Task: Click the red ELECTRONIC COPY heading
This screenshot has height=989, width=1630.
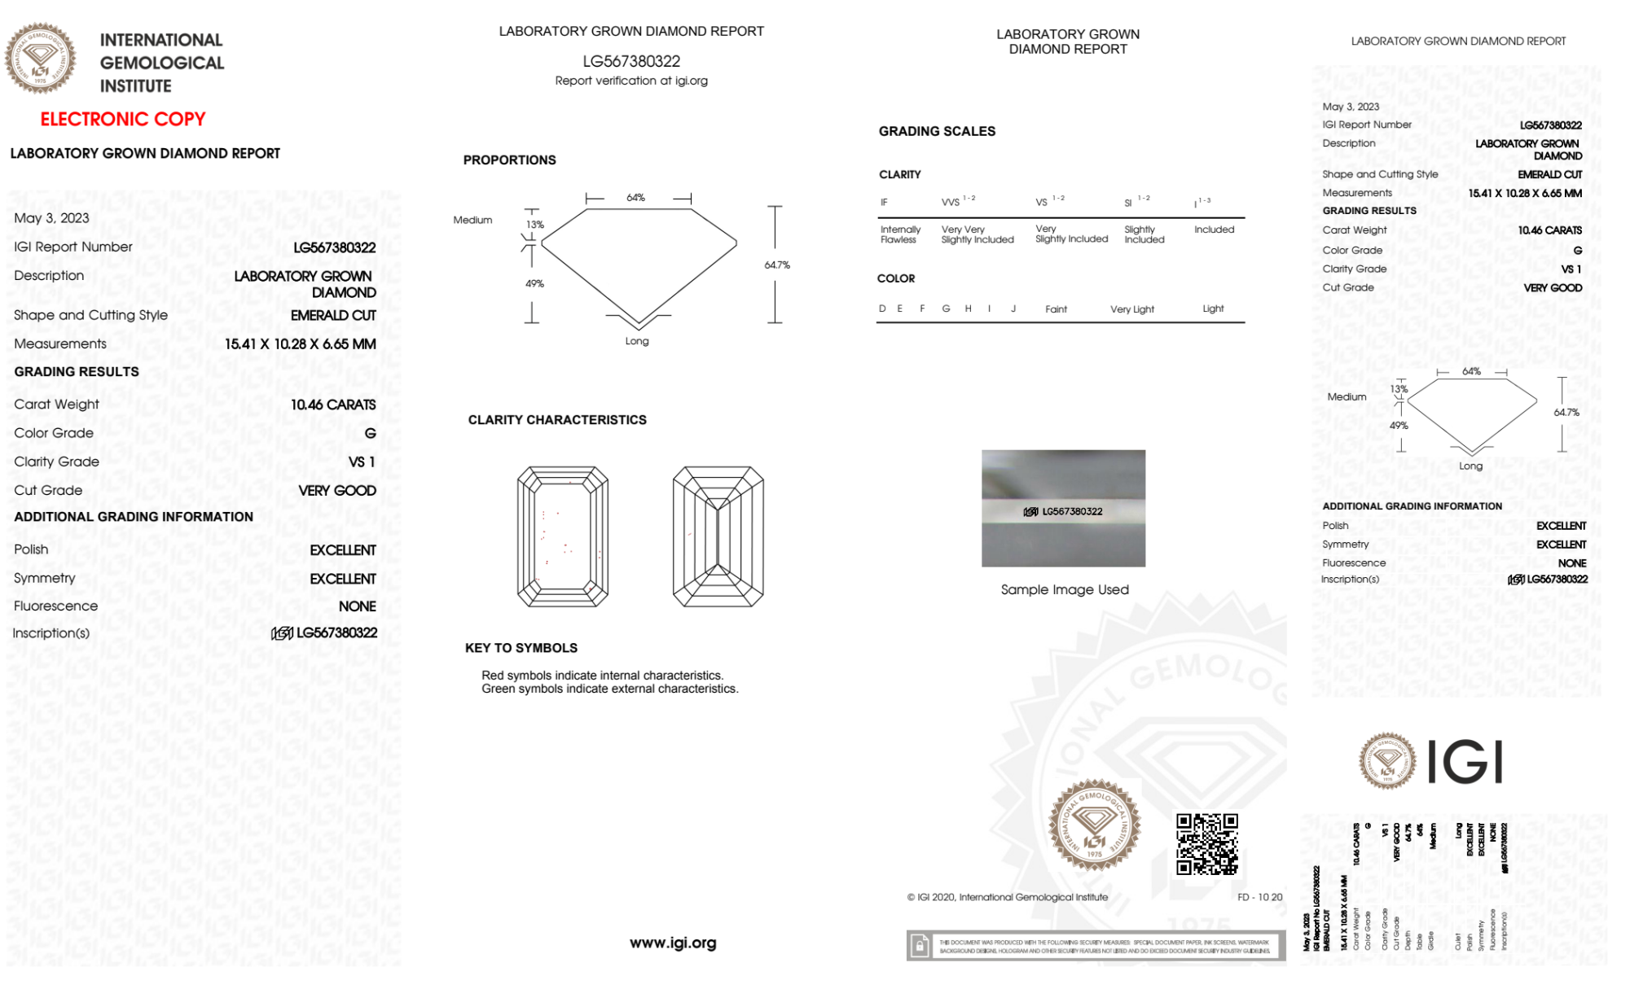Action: [123, 119]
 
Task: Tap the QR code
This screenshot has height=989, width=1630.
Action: [1206, 843]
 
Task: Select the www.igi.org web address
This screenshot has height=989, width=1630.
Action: [672, 943]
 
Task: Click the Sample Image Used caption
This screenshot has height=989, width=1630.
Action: [1064, 589]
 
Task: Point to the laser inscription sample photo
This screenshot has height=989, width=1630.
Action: [1063, 508]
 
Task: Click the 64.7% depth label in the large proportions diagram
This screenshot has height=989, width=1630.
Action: [776, 265]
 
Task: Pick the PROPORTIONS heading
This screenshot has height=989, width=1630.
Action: [509, 160]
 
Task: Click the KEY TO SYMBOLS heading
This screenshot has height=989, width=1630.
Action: [521, 648]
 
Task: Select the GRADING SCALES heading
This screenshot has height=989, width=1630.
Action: [937, 131]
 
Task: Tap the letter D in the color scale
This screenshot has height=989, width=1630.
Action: [882, 309]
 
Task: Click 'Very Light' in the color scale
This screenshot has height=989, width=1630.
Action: [1131, 309]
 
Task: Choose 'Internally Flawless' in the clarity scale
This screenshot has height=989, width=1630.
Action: [899, 234]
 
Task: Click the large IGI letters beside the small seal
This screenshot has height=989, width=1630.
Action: [1465, 763]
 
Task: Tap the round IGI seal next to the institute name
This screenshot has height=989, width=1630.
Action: [41, 59]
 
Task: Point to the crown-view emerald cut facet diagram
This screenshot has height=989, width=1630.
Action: [562, 536]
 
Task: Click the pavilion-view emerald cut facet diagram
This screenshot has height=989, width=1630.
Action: [718, 536]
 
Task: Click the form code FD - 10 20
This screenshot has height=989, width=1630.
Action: [1259, 897]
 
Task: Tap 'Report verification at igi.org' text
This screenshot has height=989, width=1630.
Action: [631, 81]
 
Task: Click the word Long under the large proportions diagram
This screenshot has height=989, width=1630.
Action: [637, 341]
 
